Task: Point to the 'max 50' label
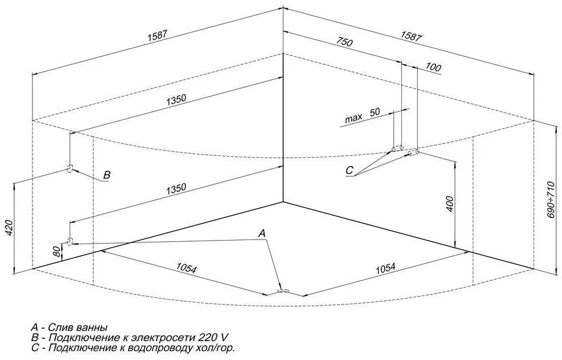pos(362,115)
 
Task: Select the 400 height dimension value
pos(450,204)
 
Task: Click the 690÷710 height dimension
pos(551,200)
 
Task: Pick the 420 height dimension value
pos(9,227)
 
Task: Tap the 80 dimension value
pos(56,252)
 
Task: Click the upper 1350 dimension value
pos(176,100)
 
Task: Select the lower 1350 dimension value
pos(176,189)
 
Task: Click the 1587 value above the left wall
pos(158,36)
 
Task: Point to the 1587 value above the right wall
pos(411,36)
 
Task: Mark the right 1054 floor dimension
pos(385,268)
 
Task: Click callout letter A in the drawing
pos(262,233)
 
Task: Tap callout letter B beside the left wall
pos(107,175)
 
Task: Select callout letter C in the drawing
pos(349,170)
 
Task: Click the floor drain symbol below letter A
pos(284,291)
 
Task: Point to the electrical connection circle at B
pos(70,168)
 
